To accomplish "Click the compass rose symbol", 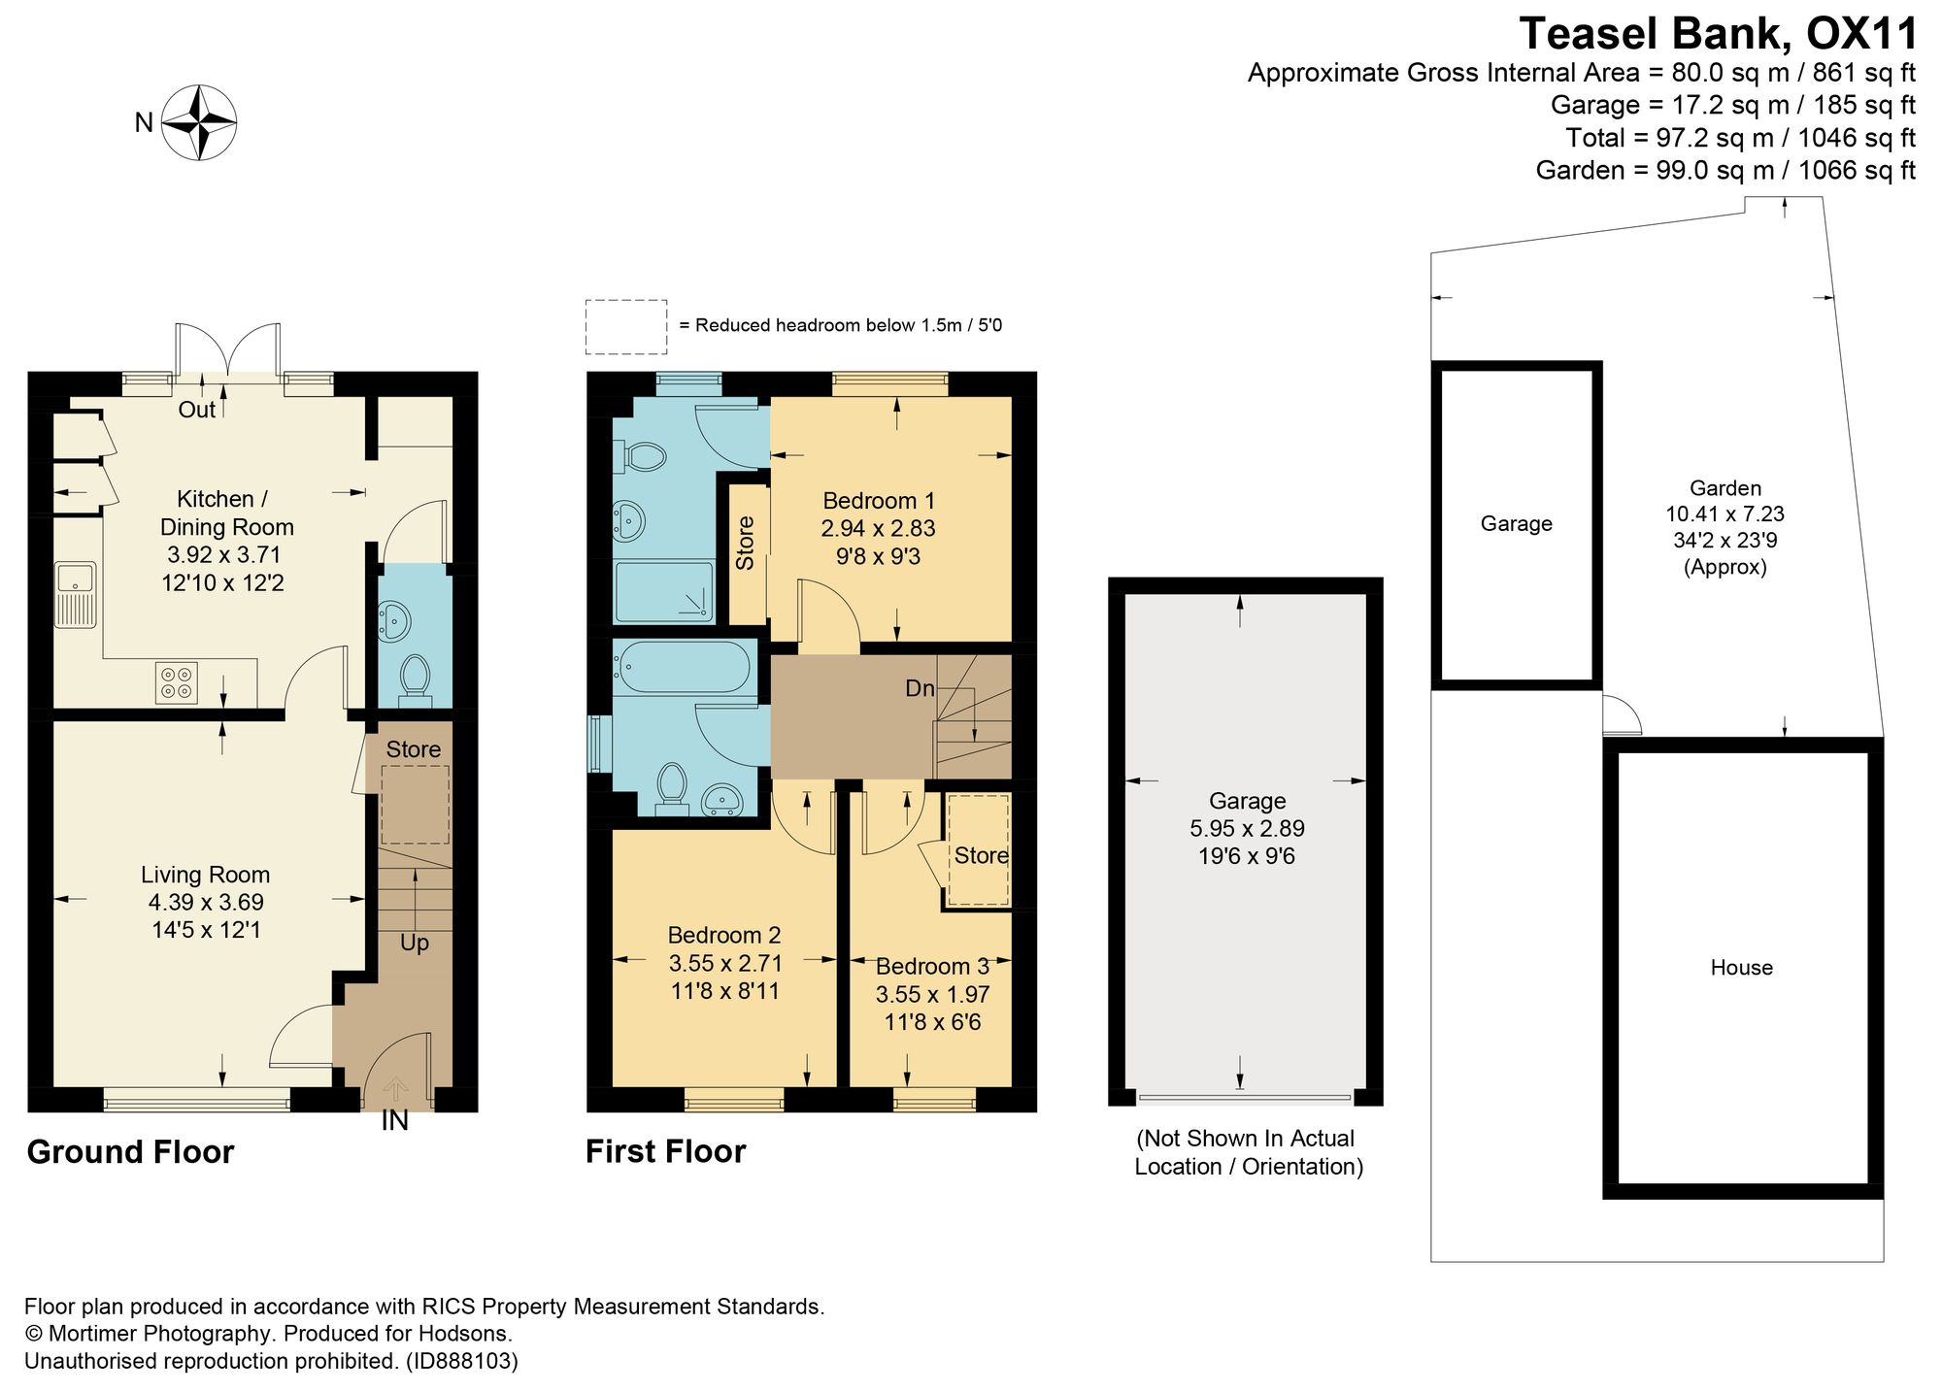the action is pos(199,122).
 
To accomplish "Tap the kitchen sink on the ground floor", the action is pos(74,594).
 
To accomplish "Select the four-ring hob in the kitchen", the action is pos(177,681).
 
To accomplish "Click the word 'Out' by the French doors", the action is pos(197,410).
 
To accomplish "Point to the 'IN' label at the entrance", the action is pos(394,1121).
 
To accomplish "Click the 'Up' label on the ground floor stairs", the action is pos(415,944).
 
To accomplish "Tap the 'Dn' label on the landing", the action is pos(920,688).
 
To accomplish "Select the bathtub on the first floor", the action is pos(681,665).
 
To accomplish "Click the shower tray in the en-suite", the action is pos(664,591).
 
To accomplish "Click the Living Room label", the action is pos(206,875).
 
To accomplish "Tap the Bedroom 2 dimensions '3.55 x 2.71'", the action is pos(725,963).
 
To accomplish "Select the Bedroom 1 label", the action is pos(879,501).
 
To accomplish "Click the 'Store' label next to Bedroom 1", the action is pos(745,544).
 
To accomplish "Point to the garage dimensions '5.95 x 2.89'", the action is pos(1248,828).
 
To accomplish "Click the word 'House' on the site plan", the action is pos(1742,968).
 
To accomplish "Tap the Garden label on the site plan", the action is pos(1725,488).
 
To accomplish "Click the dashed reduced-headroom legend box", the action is pos(626,326).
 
